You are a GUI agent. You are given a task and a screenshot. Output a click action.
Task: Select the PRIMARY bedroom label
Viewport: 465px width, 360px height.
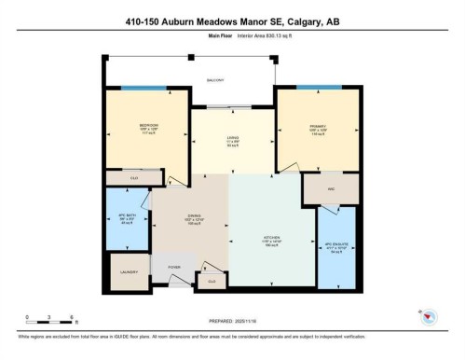coord(317,127)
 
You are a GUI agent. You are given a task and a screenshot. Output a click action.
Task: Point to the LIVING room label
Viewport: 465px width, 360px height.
coord(233,141)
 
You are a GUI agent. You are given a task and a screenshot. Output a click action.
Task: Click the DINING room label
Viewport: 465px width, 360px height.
coord(193,217)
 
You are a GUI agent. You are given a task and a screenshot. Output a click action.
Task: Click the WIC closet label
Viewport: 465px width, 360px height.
coord(330,187)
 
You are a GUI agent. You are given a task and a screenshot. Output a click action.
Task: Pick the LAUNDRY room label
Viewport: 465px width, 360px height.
coord(129,272)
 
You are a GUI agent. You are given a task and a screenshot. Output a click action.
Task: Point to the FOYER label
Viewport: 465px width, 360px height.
coord(173,267)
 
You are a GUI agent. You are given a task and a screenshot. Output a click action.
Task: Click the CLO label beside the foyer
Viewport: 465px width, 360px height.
coord(212,280)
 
